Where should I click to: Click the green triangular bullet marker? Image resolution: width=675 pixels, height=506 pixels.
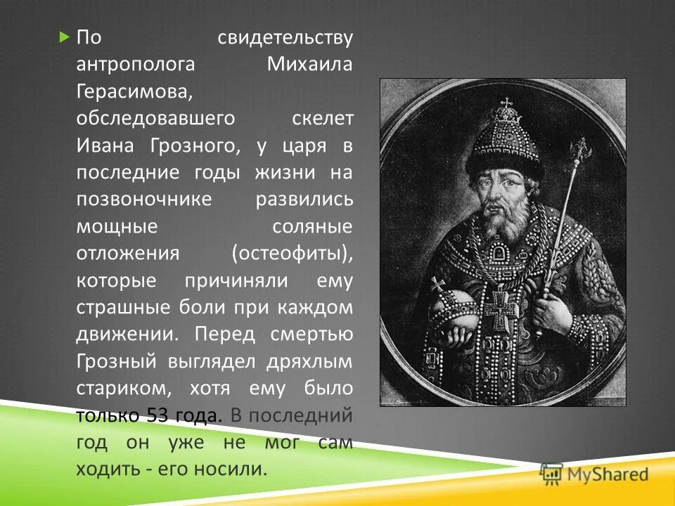click(65, 36)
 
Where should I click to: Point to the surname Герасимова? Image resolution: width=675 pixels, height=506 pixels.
click(129, 92)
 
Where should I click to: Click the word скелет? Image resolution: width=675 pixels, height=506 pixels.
click(322, 118)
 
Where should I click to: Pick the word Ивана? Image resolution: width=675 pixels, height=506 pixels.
click(108, 145)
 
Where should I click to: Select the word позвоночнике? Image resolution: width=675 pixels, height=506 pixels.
click(144, 200)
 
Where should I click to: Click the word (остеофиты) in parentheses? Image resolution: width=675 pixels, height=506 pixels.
click(291, 254)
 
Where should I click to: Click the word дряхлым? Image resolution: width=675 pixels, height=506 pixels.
click(309, 362)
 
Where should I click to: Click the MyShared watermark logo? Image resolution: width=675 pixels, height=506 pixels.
click(593, 474)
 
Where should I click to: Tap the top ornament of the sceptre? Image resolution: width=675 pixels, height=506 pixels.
click(581, 148)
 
